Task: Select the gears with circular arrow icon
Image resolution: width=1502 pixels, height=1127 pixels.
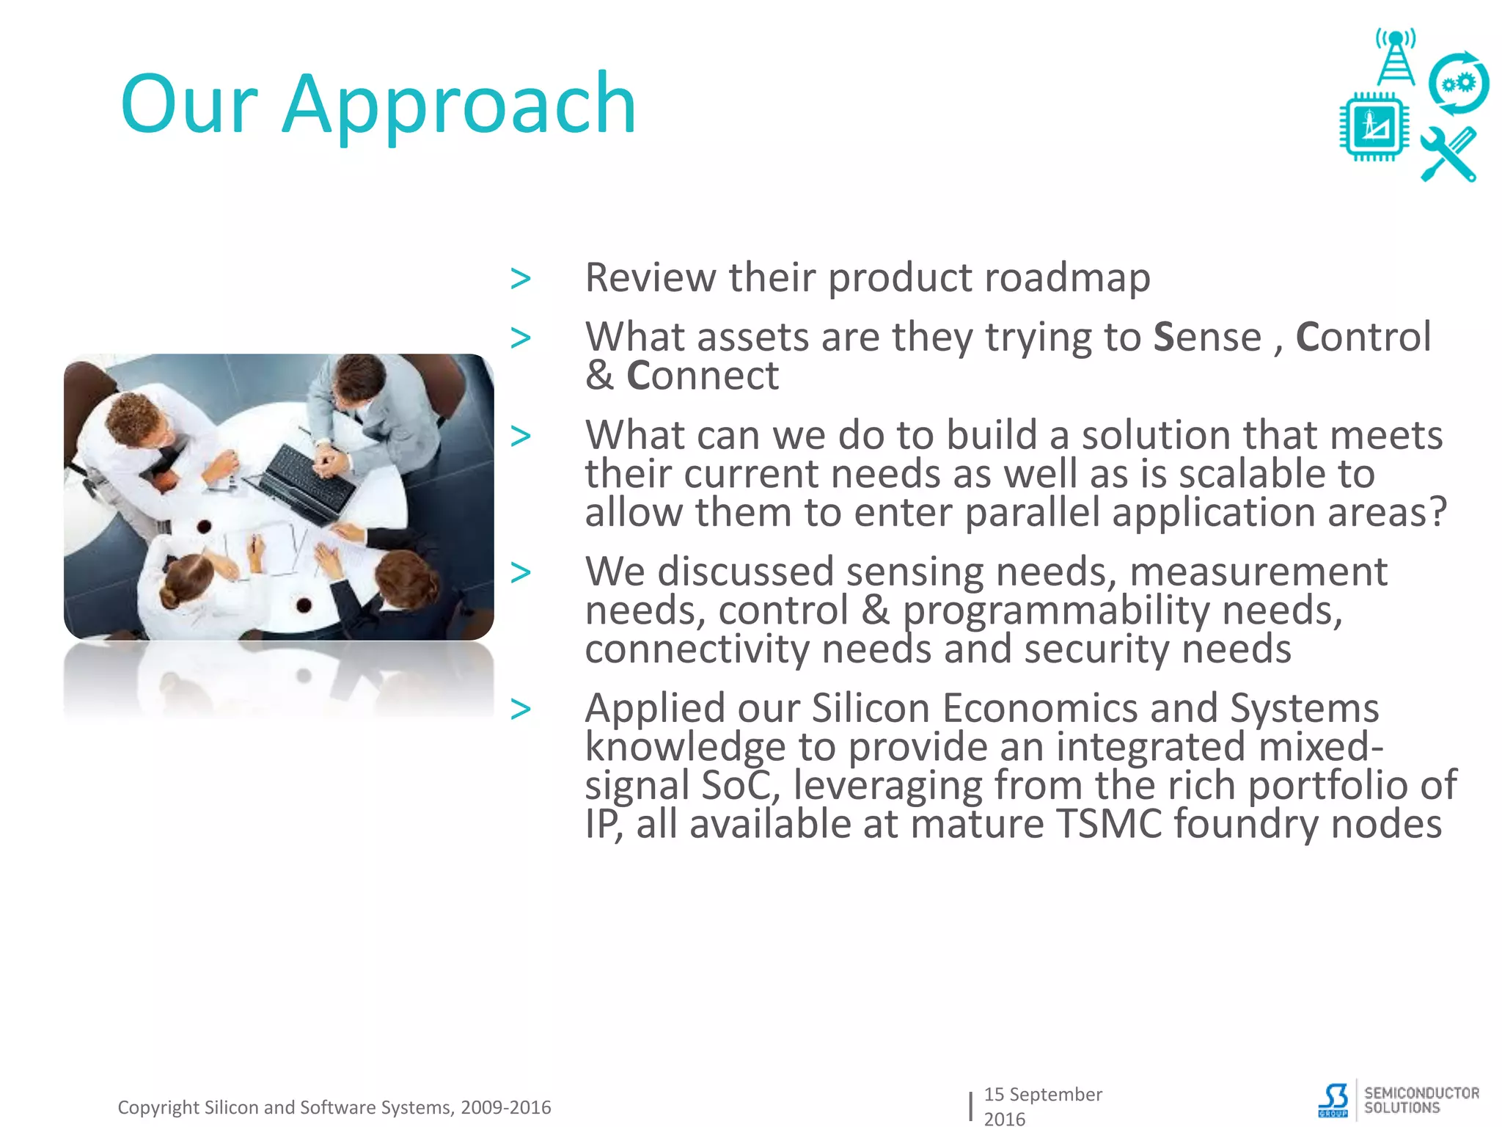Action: (1458, 83)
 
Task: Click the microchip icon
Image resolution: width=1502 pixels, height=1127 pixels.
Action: (1374, 126)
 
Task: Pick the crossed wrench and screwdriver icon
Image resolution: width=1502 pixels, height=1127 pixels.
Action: (1448, 154)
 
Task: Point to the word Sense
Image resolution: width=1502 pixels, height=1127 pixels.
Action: (1206, 338)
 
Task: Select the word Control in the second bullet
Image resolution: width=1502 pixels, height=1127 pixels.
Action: (1363, 338)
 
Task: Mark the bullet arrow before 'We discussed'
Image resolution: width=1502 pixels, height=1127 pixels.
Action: (521, 572)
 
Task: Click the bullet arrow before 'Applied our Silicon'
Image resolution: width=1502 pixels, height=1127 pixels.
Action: (521, 709)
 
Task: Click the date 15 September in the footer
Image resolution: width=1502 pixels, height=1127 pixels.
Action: (1042, 1094)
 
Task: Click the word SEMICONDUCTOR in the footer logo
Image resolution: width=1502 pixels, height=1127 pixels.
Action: (1421, 1093)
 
